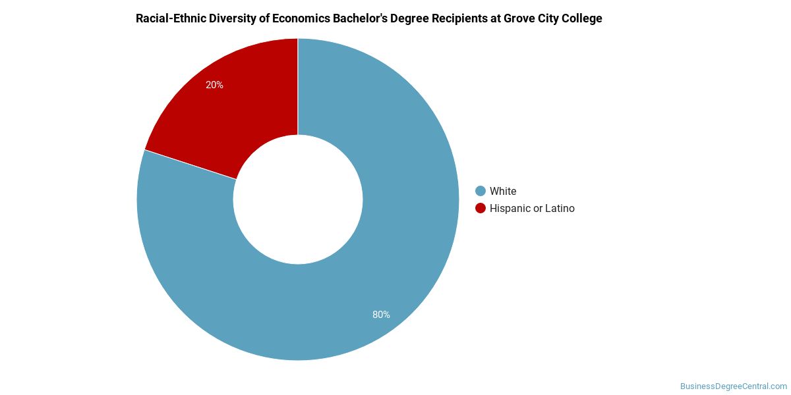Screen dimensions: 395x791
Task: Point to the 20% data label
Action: pos(214,85)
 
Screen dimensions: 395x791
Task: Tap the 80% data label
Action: pos(381,315)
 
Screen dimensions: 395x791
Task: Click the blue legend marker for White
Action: pos(481,191)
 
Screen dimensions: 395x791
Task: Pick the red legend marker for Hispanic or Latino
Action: pos(481,208)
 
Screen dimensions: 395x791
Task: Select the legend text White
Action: pos(503,191)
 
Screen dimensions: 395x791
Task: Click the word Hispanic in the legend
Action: pos(510,208)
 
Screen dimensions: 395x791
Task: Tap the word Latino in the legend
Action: pos(560,208)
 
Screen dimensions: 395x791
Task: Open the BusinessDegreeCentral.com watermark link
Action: pos(734,386)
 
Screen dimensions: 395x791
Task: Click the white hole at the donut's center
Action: pos(298,199)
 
